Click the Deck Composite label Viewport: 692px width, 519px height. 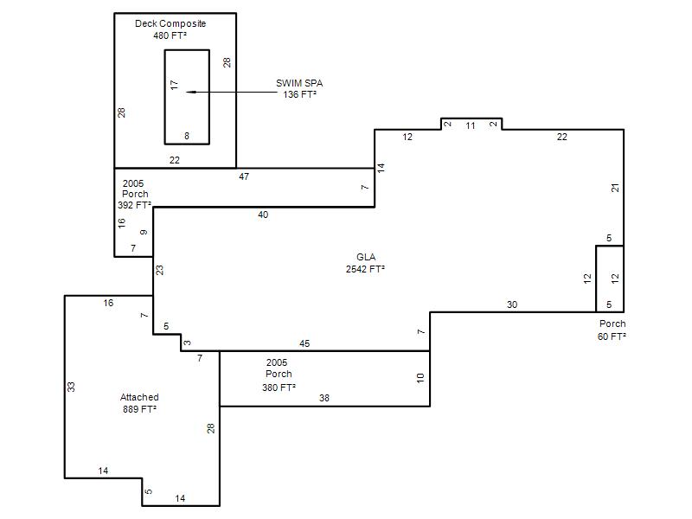[x=170, y=23]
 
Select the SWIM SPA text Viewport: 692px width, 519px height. [x=299, y=83]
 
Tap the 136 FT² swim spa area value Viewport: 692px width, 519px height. [x=299, y=94]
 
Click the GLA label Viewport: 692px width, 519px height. [x=366, y=257]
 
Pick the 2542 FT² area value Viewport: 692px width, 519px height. [x=365, y=269]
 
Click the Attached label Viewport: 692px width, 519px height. [x=139, y=397]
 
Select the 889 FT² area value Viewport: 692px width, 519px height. [x=140, y=409]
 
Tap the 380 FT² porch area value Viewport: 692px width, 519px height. [x=279, y=388]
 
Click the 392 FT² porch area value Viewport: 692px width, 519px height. [x=135, y=205]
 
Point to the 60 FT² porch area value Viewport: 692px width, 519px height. [x=612, y=336]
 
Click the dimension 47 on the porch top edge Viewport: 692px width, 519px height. [x=244, y=176]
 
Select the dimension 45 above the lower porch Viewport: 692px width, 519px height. [x=304, y=343]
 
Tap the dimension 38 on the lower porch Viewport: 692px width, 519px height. [x=324, y=398]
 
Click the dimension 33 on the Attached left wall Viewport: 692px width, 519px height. [x=71, y=387]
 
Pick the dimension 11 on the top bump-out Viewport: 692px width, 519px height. [x=471, y=125]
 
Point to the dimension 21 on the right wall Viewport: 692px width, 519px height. [x=615, y=188]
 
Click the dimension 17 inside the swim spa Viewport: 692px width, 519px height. [x=175, y=85]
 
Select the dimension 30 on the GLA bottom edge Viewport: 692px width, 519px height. [x=512, y=304]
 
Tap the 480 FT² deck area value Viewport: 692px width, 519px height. [x=170, y=35]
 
